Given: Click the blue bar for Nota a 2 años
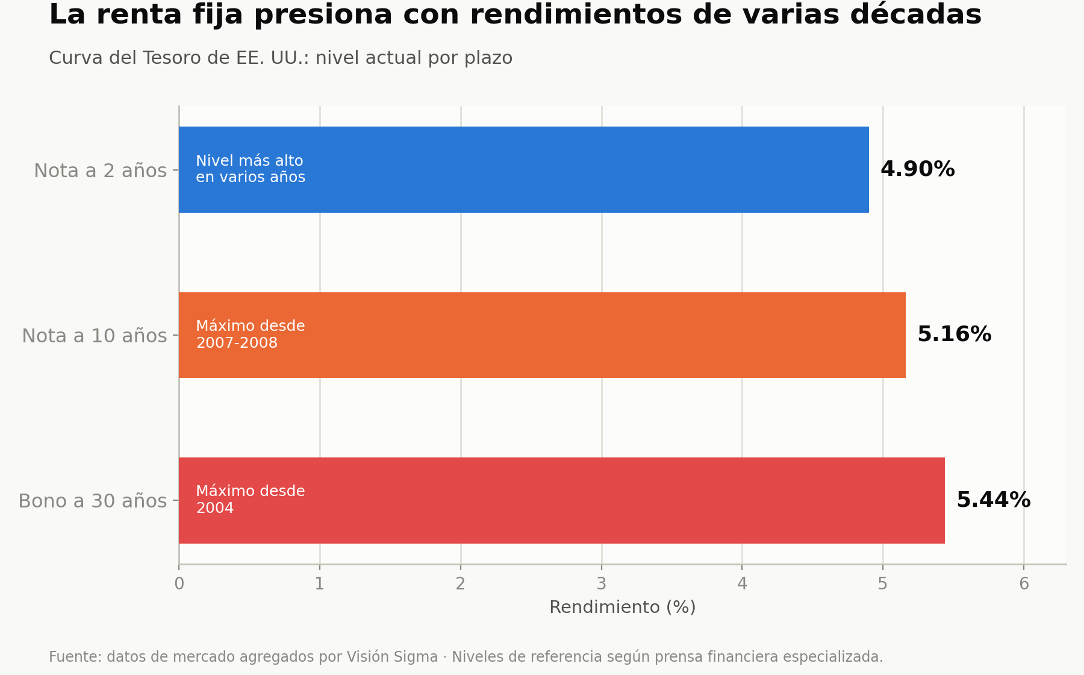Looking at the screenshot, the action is [524, 169].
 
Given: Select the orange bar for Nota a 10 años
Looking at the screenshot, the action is [542, 335].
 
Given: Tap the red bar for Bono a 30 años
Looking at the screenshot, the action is [562, 500].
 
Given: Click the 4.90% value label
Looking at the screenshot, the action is [918, 169].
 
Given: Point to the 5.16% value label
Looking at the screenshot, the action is [955, 334].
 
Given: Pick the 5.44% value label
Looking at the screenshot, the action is [994, 500].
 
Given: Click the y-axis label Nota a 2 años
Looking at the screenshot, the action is [101, 171].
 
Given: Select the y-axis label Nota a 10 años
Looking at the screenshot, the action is [95, 336].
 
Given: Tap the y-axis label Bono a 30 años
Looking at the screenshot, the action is [93, 501].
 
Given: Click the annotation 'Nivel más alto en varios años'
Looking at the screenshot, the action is [251, 169].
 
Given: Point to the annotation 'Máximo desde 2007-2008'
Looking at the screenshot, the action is [251, 334].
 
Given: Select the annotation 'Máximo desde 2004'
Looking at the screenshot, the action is [251, 500].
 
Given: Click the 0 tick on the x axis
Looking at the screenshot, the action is [179, 584].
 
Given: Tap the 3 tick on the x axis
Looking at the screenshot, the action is [601, 584].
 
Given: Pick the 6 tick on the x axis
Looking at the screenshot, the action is [1024, 584].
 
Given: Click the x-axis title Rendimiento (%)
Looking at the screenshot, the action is [623, 607].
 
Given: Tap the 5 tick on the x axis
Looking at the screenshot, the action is [883, 584].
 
